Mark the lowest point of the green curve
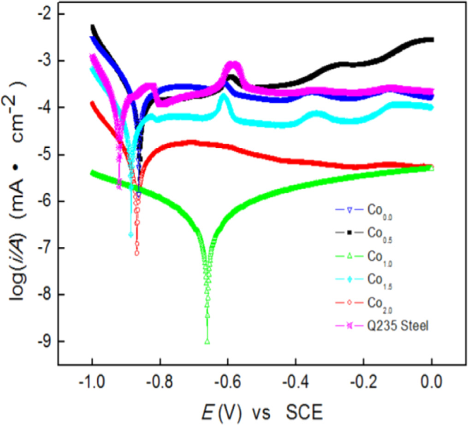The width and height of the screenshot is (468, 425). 207,342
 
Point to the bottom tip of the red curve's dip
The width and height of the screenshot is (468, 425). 137,253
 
